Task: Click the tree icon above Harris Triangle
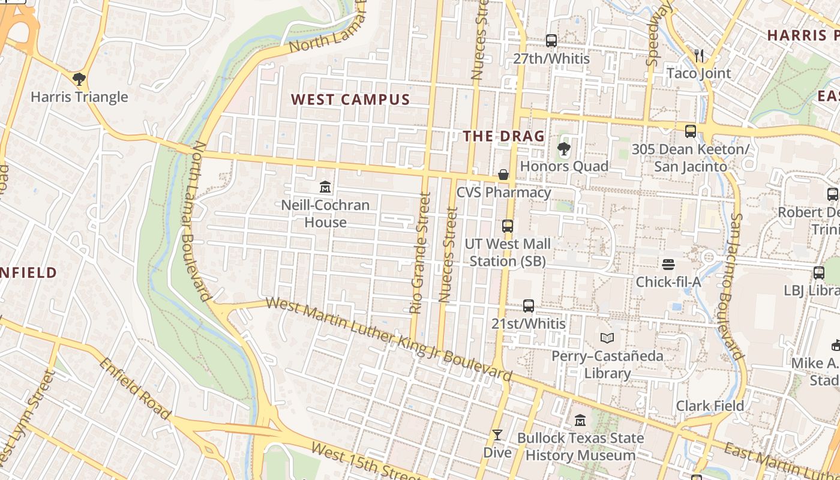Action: (79, 79)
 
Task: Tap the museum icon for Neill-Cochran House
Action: (325, 187)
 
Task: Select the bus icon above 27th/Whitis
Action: (551, 41)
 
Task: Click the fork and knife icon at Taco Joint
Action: (699, 55)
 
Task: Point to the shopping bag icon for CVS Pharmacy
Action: (503, 175)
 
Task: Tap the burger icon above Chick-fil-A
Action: (668, 264)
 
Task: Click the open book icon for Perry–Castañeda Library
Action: (607, 338)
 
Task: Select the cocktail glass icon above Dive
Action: (497, 434)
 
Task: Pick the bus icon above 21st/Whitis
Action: (529, 306)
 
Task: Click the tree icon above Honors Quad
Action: (563, 148)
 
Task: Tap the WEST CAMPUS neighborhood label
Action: (350, 100)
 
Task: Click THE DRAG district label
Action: (503, 136)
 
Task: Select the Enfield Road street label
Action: (135, 388)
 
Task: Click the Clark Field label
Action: (710, 406)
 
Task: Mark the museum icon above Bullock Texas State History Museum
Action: (580, 420)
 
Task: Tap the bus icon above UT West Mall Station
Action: (508, 226)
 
